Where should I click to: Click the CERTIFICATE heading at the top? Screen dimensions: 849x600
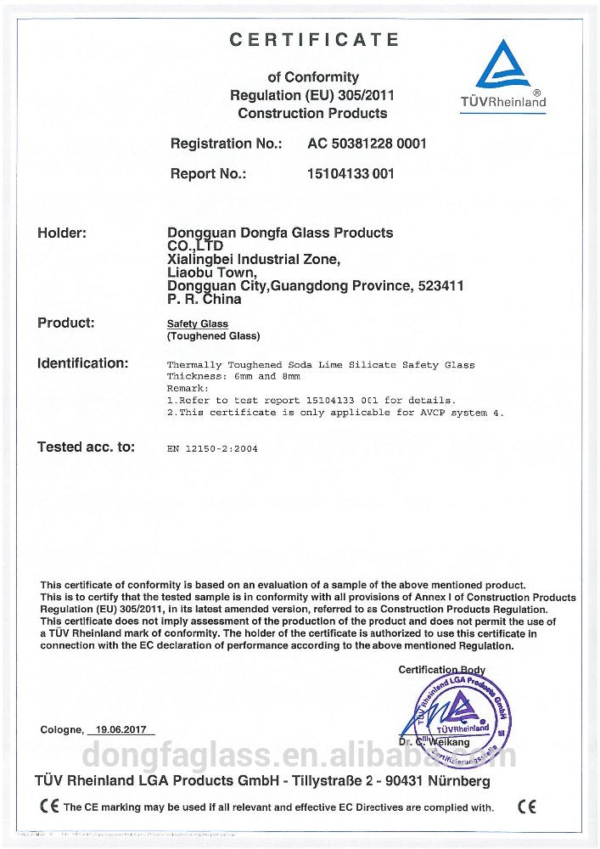[314, 40]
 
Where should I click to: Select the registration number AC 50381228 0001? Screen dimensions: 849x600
[367, 143]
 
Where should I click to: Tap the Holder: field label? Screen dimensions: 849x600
[62, 233]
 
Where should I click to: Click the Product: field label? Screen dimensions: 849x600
[66, 323]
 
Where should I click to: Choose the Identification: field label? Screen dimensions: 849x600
[82, 363]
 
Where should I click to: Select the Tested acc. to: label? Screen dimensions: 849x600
[86, 447]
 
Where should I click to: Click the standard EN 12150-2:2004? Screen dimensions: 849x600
[212, 448]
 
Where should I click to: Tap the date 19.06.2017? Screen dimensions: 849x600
[121, 730]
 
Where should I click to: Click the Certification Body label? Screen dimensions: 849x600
[441, 671]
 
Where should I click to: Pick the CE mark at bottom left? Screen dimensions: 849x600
[49, 806]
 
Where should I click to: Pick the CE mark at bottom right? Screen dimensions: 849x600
[527, 806]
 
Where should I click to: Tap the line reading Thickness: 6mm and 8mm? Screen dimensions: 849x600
[233, 375]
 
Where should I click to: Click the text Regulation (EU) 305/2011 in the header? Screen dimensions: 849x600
[311, 95]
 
